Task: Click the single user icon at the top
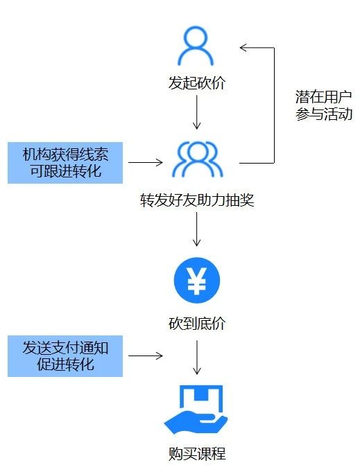(x=197, y=46)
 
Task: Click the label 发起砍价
(x=197, y=84)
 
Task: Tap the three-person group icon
(x=197, y=159)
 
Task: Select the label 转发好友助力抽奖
(x=197, y=201)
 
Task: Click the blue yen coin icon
(x=197, y=280)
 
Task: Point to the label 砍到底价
(x=197, y=324)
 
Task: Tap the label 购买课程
(x=197, y=454)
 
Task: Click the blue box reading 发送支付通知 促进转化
(x=65, y=356)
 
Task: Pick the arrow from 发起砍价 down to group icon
(x=197, y=112)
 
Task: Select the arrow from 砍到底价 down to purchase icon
(x=197, y=358)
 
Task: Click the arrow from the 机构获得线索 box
(x=146, y=164)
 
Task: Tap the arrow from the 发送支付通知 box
(x=146, y=356)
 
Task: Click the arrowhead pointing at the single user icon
(x=243, y=47)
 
